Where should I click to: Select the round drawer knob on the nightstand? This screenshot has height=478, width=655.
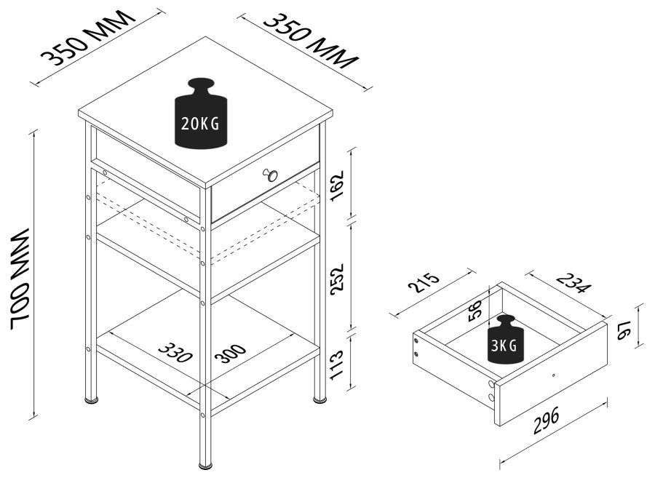pos(270,175)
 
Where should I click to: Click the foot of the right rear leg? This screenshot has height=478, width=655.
pos(319,399)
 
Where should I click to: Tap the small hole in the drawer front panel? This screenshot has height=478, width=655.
pos(553,375)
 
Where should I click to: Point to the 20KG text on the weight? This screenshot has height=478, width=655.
pos(200,124)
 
